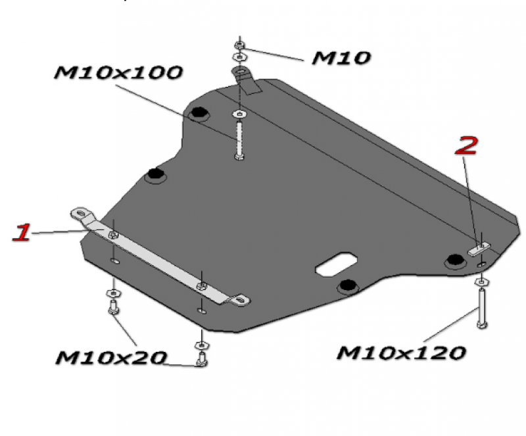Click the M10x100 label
[118, 72]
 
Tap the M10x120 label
[401, 353]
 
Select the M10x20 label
[111, 358]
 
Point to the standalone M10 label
[341, 58]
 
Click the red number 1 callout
[22, 232]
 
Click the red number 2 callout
[466, 145]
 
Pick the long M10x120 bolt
[482, 308]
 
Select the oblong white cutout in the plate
[336, 264]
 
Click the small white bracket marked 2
[479, 250]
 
